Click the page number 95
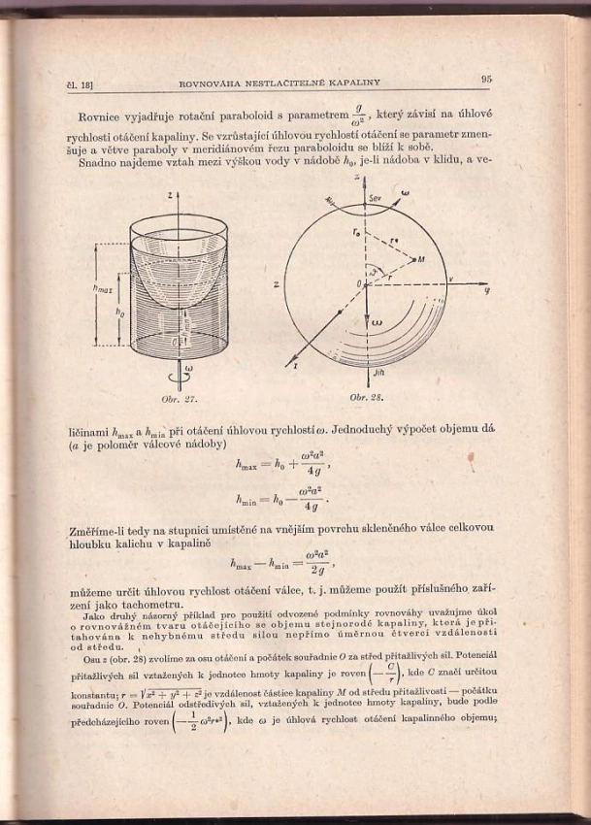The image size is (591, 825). pos(486,80)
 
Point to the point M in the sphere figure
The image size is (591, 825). pos(420,260)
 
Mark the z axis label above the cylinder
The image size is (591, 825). pos(171,195)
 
